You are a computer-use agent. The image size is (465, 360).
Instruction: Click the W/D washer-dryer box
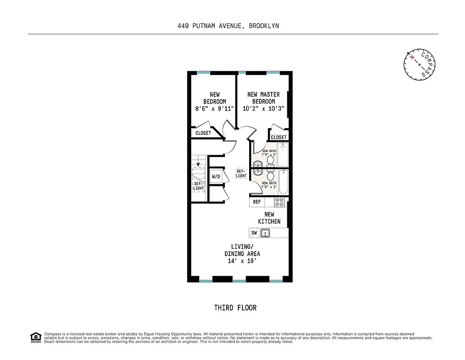coord(216,176)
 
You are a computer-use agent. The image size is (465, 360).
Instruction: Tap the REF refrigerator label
coord(257,202)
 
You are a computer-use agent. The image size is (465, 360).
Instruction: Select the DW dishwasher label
coord(254,233)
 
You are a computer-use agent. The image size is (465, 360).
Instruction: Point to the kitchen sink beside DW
coord(266,233)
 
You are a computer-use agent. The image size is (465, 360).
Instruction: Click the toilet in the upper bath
coord(271,160)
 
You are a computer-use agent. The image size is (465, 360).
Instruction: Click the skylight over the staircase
coord(198,185)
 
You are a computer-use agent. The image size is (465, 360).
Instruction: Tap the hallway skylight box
coord(241,173)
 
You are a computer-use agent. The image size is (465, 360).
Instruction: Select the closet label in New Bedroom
coord(203,133)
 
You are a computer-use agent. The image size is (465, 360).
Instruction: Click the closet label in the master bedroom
coord(279,137)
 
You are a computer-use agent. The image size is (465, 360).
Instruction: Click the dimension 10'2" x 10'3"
coord(264,109)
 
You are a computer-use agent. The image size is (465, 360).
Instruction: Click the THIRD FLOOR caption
coord(235,308)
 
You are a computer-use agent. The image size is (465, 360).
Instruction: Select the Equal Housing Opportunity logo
coord(36,337)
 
